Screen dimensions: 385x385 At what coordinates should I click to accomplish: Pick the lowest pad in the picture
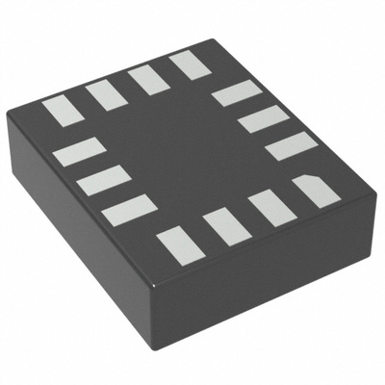[181, 245]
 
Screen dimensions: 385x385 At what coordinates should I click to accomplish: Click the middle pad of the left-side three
[103, 180]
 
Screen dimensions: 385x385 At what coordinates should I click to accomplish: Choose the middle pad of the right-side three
[263, 119]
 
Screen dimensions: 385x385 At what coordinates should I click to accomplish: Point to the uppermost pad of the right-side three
[236, 93]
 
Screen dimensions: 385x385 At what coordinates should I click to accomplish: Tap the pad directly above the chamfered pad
[291, 146]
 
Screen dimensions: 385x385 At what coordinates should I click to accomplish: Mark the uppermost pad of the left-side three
[79, 151]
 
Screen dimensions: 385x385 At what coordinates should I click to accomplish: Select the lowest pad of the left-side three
[129, 210]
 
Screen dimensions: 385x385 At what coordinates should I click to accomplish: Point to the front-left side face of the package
[87, 250]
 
